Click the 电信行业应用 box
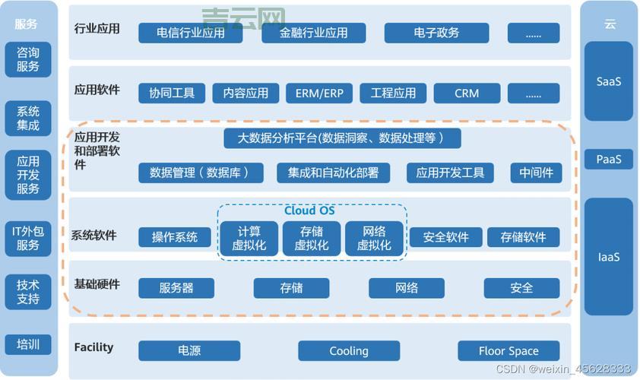[x=191, y=33]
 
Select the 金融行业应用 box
[x=313, y=33]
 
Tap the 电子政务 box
[x=436, y=33]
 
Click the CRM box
[x=467, y=93]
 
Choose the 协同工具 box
[x=172, y=93]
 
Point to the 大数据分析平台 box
[x=343, y=138]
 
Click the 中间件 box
[x=536, y=173]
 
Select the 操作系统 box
[x=175, y=237]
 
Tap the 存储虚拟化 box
[x=312, y=238]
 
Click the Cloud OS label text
[x=309, y=211]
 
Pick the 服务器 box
[x=176, y=288]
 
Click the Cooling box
[x=348, y=350]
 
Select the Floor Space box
[x=509, y=350]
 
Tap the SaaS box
[x=608, y=81]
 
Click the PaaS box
[x=608, y=160]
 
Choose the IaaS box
[x=608, y=257]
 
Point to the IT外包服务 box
[x=28, y=237]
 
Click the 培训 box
[x=28, y=344]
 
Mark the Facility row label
[x=93, y=347]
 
